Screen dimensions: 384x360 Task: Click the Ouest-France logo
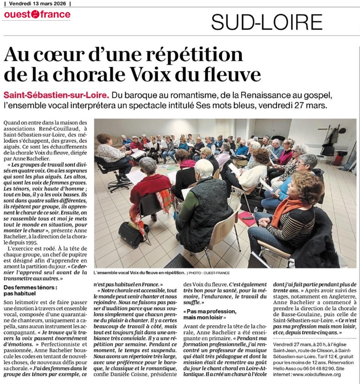[37, 15]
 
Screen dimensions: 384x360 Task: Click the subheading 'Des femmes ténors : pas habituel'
[30, 290]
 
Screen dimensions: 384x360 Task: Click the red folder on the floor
[247, 217]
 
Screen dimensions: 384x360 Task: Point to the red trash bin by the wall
[339, 159]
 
